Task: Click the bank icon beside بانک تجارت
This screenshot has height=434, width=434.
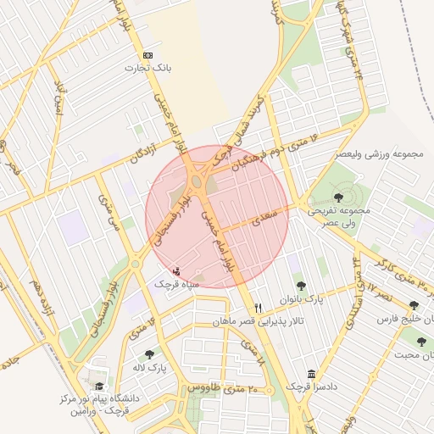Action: coord(148,53)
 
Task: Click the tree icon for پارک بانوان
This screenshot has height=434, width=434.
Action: coord(299,286)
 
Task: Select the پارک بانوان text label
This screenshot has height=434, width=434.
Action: coord(303,299)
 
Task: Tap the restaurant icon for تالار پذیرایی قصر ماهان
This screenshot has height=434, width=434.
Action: coord(258,308)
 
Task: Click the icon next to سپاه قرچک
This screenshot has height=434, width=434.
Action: coord(175,270)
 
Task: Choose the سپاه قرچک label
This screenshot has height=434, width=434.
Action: coord(175,284)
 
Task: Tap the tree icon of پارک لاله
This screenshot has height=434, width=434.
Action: coord(149,355)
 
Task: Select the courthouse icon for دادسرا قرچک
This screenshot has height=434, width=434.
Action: coord(312,374)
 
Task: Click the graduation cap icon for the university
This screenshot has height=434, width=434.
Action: coord(100,386)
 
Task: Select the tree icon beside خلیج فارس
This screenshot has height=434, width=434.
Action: coord(414,305)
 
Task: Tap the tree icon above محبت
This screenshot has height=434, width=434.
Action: coord(420,342)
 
